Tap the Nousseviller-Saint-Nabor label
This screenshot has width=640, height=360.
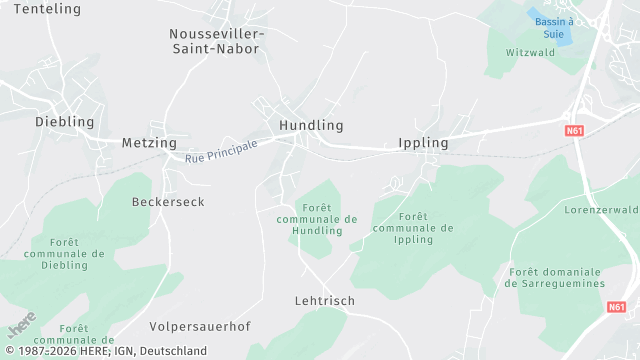[x=216, y=40]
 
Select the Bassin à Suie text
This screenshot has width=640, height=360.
[x=553, y=27]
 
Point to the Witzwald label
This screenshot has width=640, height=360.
[x=529, y=51]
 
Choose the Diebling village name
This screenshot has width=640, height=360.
[x=64, y=122]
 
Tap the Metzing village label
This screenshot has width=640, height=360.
[x=149, y=143]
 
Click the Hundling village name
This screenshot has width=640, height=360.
[x=310, y=126]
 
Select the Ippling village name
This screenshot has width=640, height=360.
[x=423, y=143]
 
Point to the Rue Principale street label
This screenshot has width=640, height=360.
[x=221, y=152]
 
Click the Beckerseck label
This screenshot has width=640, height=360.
[x=168, y=201]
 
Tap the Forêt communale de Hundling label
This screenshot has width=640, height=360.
[x=317, y=219]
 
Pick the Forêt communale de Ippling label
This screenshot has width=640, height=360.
[x=412, y=228]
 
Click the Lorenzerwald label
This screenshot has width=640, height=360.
[x=601, y=211]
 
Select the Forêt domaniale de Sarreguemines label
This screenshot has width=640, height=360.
[x=555, y=277]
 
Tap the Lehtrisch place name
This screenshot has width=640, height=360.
[x=324, y=300]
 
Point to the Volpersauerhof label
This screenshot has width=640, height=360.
[x=199, y=326]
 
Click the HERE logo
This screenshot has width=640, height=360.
[x=21, y=324]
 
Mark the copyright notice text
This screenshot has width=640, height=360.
[x=104, y=351]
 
